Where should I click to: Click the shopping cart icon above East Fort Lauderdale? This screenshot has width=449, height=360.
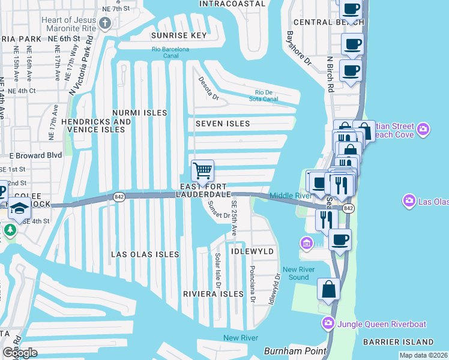pyautogui.click(x=202, y=170)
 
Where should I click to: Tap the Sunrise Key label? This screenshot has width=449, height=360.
pyautogui.click(x=179, y=35)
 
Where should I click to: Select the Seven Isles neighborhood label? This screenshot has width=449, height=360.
pyautogui.click(x=222, y=124)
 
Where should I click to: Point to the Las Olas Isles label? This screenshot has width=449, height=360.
pyautogui.click(x=145, y=254)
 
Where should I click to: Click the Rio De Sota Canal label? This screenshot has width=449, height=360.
pyautogui.click(x=264, y=95)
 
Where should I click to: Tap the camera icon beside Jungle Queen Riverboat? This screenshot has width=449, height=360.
pyautogui.click(x=328, y=323)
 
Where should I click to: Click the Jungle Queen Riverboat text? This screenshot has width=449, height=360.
pyautogui.click(x=382, y=324)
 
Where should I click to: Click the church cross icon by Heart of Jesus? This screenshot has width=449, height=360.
pyautogui.click(x=106, y=24)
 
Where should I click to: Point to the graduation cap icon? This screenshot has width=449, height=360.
pyautogui.click(x=19, y=208)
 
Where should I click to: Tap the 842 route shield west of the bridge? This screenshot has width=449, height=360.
pyautogui.click(x=118, y=196)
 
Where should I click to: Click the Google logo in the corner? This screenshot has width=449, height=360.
pyautogui.click(x=20, y=352)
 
